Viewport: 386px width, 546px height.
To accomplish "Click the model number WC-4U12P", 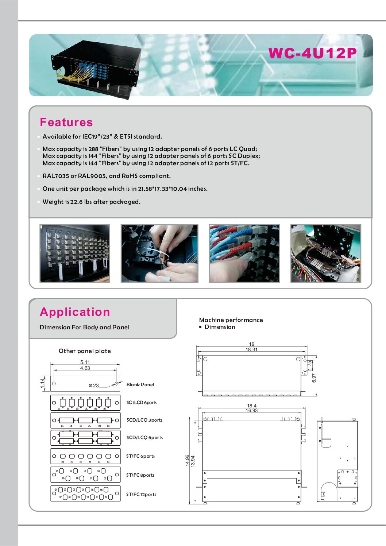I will (x=312, y=53).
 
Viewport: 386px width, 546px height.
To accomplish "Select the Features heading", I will (x=66, y=122).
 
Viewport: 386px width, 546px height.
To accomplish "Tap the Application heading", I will (x=75, y=312).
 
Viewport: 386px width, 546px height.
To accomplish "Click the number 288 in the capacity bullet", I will (x=93, y=149).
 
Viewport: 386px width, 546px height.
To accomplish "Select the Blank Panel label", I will (x=140, y=384).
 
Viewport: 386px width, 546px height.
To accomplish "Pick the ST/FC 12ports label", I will (x=141, y=494).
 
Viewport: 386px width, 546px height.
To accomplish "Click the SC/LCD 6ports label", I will (x=142, y=402).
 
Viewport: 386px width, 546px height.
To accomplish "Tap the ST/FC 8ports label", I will (x=140, y=475).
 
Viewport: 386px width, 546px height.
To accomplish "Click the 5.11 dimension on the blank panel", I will (x=85, y=362).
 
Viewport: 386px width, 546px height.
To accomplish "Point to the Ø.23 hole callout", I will (x=94, y=386).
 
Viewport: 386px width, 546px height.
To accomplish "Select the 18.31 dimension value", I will (x=251, y=349).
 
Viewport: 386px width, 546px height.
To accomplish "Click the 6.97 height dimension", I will (x=314, y=378).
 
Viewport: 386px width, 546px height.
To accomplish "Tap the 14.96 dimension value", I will (x=188, y=460).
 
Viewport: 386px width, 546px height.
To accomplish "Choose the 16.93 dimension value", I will (x=252, y=410).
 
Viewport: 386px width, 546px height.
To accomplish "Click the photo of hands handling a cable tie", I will (x=159, y=253).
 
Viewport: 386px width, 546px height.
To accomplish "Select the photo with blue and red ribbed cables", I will (x=244, y=253).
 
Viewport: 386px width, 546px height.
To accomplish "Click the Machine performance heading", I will (x=231, y=320).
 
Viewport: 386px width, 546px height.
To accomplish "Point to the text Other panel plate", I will (x=85, y=351).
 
